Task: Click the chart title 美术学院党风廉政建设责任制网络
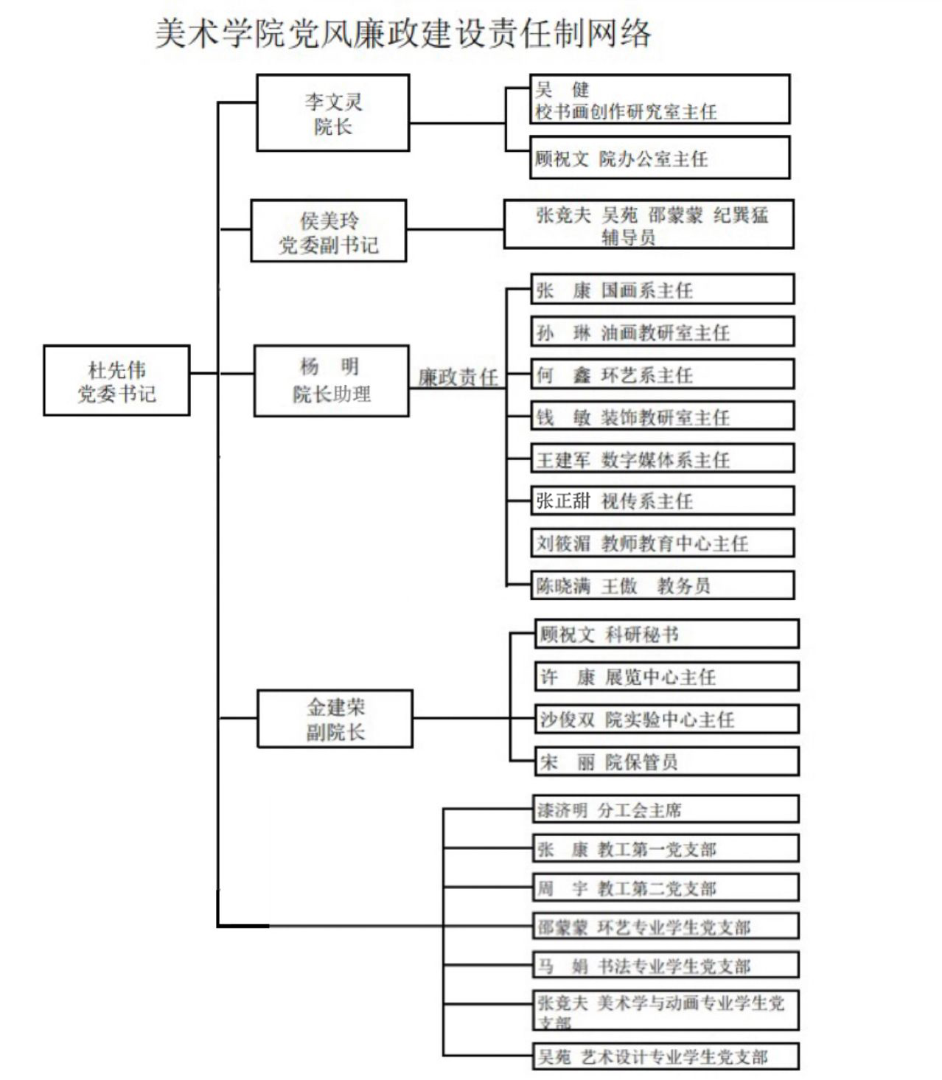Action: [402, 34]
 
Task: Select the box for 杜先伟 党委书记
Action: [116, 380]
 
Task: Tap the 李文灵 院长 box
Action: [332, 113]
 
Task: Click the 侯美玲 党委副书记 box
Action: [328, 231]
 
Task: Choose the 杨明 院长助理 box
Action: [331, 380]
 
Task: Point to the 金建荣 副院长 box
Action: [335, 719]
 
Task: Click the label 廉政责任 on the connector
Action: [458, 377]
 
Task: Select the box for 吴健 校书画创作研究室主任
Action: [660, 100]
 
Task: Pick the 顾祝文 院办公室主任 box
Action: [660, 157]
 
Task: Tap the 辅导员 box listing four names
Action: [649, 224]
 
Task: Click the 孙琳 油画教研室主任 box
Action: [662, 332]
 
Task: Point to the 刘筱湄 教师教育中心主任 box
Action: [662, 543]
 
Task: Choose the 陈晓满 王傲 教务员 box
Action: [662, 585]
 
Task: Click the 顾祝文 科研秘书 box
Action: [666, 634]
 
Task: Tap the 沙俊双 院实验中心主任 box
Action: [666, 719]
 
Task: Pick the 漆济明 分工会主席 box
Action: [666, 809]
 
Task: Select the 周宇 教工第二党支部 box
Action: [666, 888]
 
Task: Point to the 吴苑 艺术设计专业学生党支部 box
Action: [666, 1056]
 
